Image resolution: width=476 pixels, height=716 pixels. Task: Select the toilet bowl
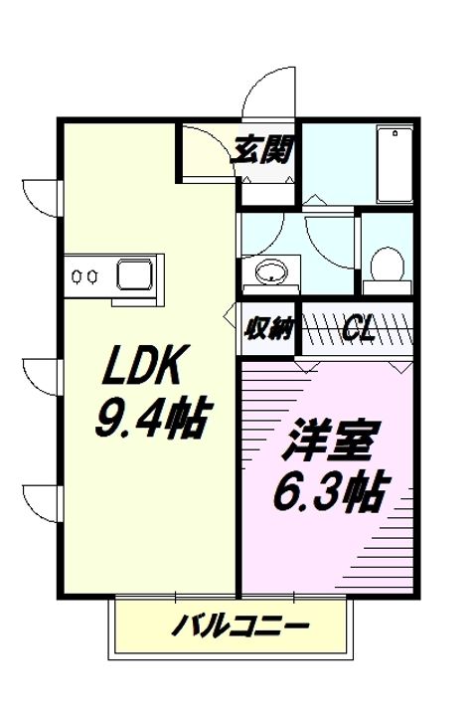pyautogui.click(x=388, y=266)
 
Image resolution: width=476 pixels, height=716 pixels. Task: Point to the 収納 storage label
pyautogui.click(x=268, y=328)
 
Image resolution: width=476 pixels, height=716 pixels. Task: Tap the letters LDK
pyautogui.click(x=139, y=371)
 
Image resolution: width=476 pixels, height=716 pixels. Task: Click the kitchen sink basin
pyautogui.click(x=133, y=273)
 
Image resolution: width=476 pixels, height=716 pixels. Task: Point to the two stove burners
pyautogui.click(x=83, y=275)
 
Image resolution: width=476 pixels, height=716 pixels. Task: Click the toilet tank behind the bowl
pyautogui.click(x=388, y=285)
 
